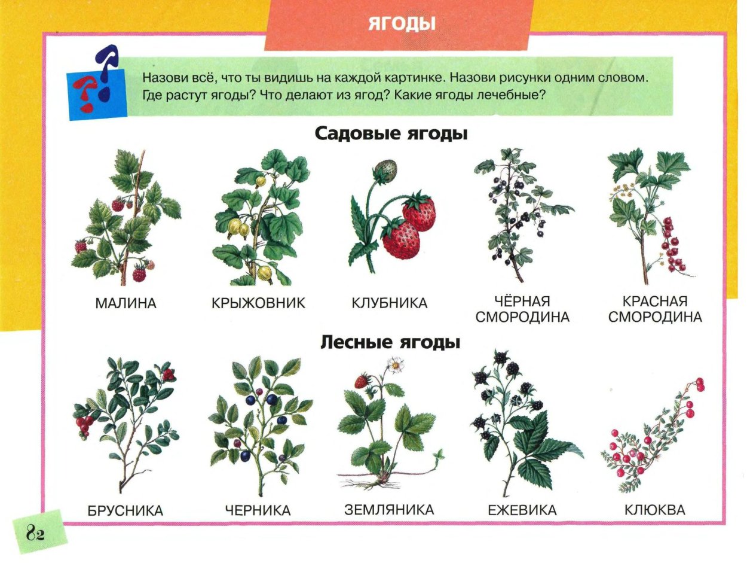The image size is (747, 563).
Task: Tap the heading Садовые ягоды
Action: point(391,133)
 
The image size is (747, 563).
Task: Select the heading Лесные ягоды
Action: point(391,342)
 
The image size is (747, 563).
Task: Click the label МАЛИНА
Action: point(125,303)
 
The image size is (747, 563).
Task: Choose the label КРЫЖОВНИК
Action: point(258,303)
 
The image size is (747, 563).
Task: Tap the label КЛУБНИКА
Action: point(389,303)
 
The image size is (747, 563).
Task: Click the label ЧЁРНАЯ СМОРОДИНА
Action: point(522,309)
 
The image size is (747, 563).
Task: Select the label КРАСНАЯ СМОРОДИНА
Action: point(655,309)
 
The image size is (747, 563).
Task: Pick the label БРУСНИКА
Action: point(125,511)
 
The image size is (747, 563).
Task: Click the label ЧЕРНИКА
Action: point(258,511)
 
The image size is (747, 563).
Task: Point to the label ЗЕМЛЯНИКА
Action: point(389,510)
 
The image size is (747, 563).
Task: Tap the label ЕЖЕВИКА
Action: point(522,511)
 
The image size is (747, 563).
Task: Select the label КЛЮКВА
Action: point(655,511)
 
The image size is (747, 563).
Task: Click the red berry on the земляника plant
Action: point(361,381)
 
